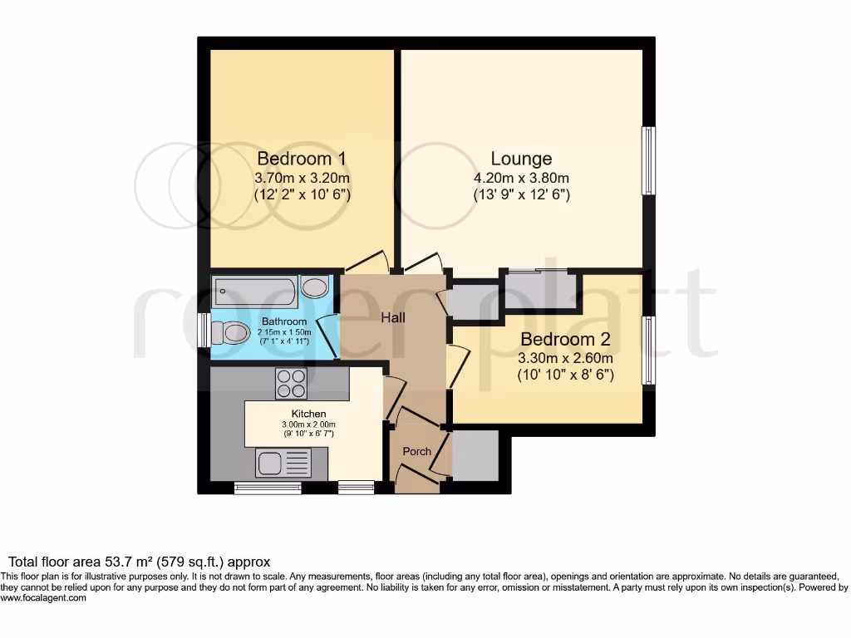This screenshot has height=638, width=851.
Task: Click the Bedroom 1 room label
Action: click(302, 158)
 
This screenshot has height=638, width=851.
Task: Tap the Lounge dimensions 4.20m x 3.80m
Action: click(521, 178)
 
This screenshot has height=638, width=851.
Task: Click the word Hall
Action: click(393, 317)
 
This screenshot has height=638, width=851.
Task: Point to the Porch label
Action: click(416, 451)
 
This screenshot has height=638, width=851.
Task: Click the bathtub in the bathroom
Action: click(254, 291)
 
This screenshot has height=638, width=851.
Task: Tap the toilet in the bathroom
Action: click(230, 333)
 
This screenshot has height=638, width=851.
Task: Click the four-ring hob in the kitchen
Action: click(291, 383)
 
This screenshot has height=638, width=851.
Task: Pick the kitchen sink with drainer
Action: click(282, 462)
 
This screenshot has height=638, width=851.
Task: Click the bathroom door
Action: click(329, 336)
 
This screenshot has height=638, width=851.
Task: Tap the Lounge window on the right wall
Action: click(648, 160)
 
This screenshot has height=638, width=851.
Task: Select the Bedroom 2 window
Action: click(648, 350)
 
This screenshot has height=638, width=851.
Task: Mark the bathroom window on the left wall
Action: click(204, 329)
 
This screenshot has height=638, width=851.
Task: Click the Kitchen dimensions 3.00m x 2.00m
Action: click(307, 424)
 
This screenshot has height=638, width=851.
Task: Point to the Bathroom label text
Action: click(284, 321)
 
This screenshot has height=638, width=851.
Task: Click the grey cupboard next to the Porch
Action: click(475, 455)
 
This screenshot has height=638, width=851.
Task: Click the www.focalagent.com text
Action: click(43, 597)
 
